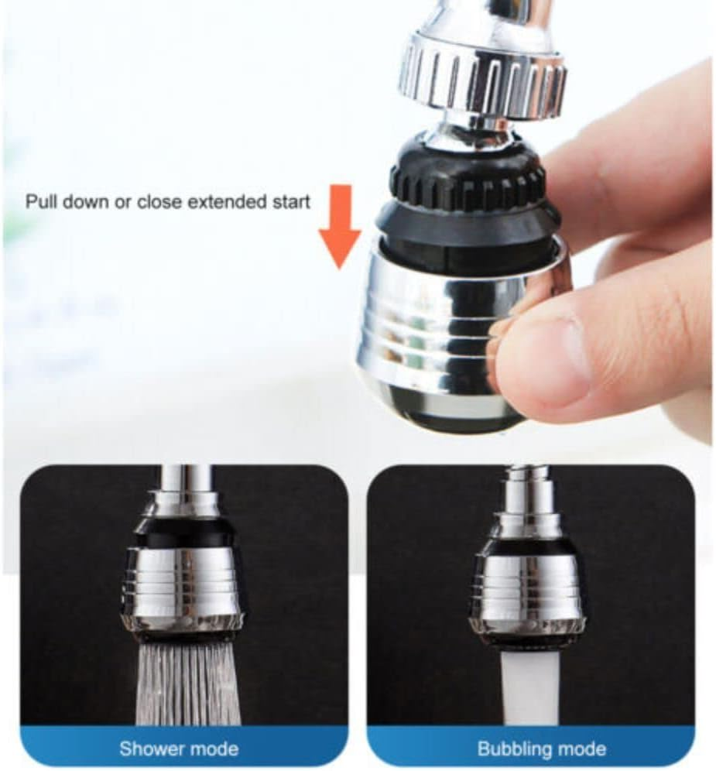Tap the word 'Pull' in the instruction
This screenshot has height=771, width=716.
(41, 202)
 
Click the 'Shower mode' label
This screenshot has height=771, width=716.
(179, 749)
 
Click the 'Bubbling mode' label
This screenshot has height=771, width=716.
(541, 749)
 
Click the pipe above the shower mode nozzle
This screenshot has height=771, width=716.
(184, 480)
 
